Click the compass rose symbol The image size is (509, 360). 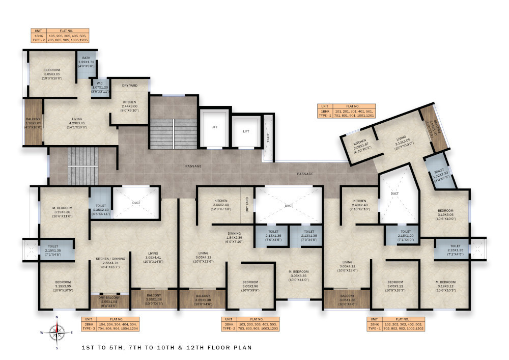(x=58, y=332)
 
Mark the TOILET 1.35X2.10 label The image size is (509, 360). (x=101, y=206)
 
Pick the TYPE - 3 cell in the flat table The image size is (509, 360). (x=89, y=329)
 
